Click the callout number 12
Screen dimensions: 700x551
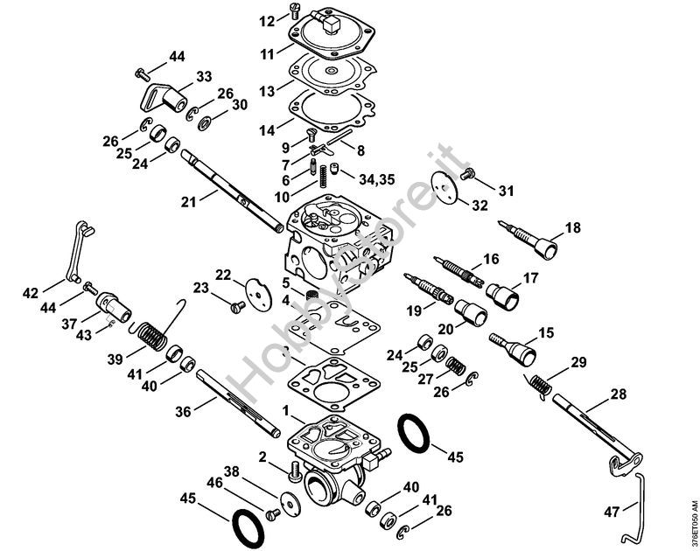click(268, 21)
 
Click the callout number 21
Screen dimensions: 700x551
click(189, 202)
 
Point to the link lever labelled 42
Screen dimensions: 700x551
click(74, 251)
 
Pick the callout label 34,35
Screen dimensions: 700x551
click(377, 179)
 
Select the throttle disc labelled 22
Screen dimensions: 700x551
click(258, 294)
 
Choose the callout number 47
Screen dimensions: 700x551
click(612, 512)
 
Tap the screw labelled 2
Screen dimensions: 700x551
click(294, 471)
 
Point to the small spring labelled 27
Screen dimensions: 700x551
click(456, 366)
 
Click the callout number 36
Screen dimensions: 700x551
click(183, 411)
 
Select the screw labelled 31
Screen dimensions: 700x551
click(467, 174)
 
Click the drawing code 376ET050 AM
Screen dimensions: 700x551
click(694, 524)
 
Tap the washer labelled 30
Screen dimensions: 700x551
click(206, 122)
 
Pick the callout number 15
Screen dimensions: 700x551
click(546, 333)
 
